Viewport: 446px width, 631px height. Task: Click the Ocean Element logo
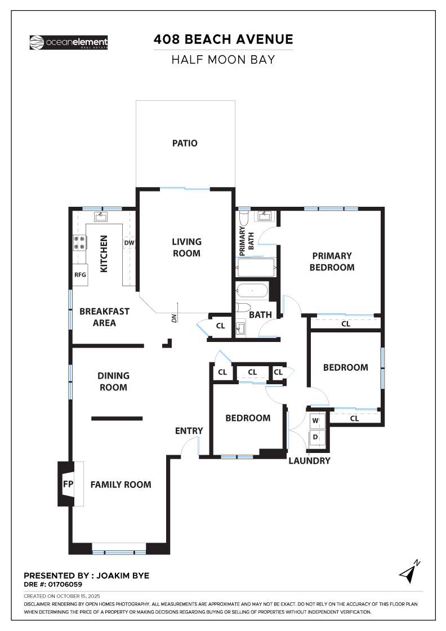tap(68, 42)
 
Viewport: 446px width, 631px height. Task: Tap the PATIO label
tap(185, 143)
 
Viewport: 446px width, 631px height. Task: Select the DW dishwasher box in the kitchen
tap(129, 243)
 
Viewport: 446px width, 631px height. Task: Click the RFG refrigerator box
tap(80, 275)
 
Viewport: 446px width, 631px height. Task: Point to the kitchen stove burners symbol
tap(79, 243)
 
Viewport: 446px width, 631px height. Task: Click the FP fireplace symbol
tap(68, 484)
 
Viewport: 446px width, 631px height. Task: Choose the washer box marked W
tap(315, 420)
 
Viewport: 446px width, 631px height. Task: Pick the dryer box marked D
tap(315, 437)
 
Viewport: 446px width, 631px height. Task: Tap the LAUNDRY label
tap(309, 461)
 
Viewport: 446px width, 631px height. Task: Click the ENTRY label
tap(189, 431)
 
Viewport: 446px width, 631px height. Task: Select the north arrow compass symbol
tap(409, 572)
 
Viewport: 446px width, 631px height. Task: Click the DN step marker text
tap(175, 318)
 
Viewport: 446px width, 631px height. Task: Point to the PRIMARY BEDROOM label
tap(332, 261)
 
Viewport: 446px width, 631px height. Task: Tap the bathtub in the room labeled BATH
tap(252, 291)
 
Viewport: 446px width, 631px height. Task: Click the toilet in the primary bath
tap(243, 217)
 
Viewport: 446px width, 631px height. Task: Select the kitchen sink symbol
tap(102, 216)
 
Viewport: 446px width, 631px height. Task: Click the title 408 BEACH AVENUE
tap(223, 39)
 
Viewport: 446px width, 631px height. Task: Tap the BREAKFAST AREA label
tap(105, 317)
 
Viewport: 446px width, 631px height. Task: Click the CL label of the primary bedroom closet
tap(346, 324)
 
